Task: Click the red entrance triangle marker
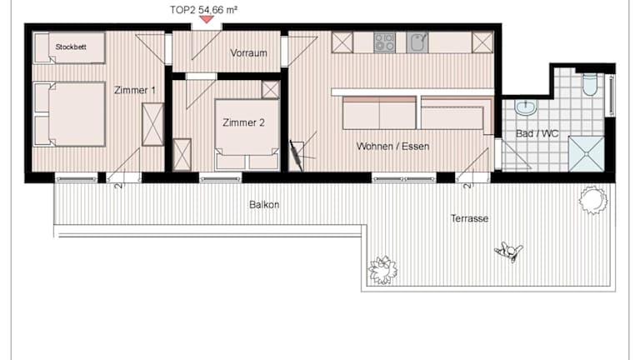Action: [x=207, y=19]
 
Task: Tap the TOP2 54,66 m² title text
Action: [x=203, y=10]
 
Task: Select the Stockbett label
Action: [x=71, y=47]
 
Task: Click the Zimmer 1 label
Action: [x=135, y=90]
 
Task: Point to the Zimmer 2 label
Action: [x=243, y=122]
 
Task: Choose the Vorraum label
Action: [x=248, y=53]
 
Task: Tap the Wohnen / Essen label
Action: [x=392, y=146]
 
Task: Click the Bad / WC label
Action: [x=537, y=133]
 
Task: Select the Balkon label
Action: [x=264, y=204]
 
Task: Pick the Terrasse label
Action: [x=469, y=218]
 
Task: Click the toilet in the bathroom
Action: [x=590, y=84]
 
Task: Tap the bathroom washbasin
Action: [x=526, y=107]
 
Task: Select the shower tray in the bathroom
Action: [x=586, y=154]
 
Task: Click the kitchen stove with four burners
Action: [x=384, y=42]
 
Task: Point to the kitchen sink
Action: [x=417, y=42]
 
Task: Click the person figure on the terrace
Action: [x=508, y=252]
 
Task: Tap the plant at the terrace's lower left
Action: [x=382, y=270]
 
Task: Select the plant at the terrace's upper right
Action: [x=593, y=200]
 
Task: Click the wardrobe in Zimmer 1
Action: [x=152, y=124]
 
